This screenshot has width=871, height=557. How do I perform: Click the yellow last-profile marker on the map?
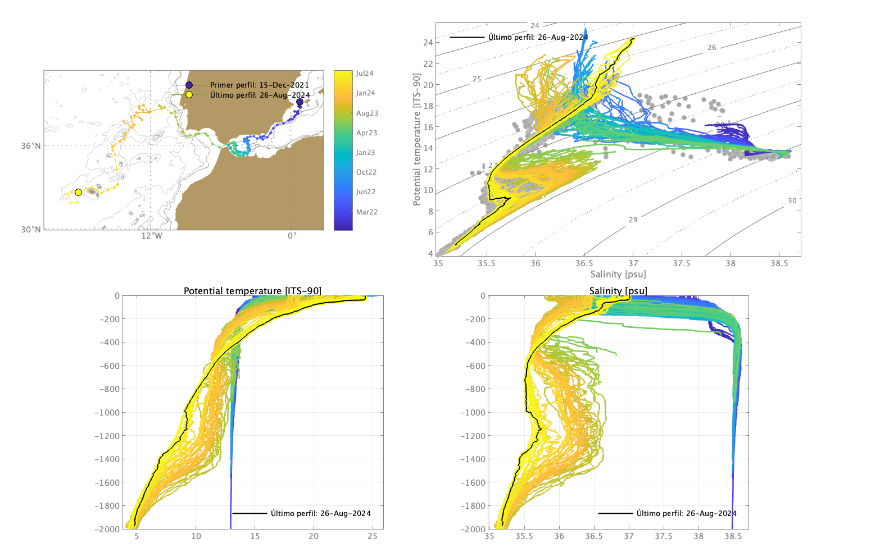(x=78, y=193)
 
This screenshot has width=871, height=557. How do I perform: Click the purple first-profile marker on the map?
(x=300, y=102)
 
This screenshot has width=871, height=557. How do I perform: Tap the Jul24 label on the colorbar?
(x=365, y=74)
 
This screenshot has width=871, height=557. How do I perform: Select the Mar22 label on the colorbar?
(x=366, y=212)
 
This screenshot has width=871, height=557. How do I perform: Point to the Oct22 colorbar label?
(x=366, y=172)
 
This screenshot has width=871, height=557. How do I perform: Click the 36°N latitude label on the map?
(x=31, y=146)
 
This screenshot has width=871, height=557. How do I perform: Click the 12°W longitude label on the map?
(x=151, y=236)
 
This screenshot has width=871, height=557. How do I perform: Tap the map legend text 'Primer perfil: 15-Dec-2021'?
(x=259, y=85)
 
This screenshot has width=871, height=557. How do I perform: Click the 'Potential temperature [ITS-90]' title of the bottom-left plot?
(x=252, y=291)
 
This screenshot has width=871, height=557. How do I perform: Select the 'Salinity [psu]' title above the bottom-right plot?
(x=618, y=291)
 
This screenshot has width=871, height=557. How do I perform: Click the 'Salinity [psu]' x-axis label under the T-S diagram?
(x=618, y=275)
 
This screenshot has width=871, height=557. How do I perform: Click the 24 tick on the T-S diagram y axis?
(x=428, y=43)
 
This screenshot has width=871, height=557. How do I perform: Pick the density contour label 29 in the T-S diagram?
(x=633, y=220)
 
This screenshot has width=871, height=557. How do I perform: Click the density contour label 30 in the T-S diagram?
(x=792, y=201)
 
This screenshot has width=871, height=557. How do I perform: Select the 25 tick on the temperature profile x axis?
(x=373, y=536)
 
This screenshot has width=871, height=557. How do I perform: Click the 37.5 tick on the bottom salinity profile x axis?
(x=664, y=536)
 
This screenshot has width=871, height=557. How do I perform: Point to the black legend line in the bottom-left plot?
(x=249, y=513)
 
